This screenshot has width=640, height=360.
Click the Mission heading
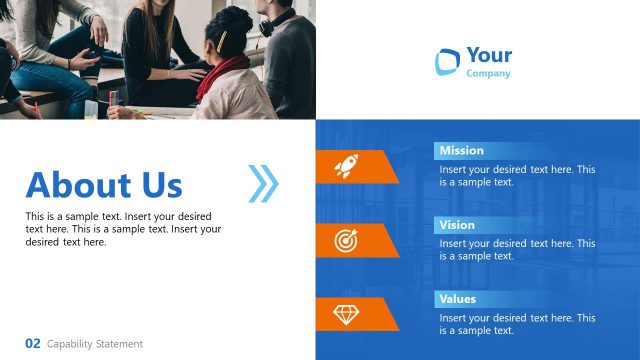pos(461,151)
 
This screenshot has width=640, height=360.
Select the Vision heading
pos(457,225)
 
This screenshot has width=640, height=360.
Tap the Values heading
pos(457,299)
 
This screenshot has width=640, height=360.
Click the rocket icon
pos(346,166)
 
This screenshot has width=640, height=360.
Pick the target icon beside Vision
pos(346,240)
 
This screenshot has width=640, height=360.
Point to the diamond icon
pos(346,314)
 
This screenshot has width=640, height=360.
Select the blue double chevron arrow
pos(263,183)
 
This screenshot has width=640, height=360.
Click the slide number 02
pos(33,343)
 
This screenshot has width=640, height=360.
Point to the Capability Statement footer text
pos(95,344)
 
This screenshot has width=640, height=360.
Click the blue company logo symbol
pos(446,61)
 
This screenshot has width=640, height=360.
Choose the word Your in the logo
pos(489,56)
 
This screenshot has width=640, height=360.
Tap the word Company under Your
pos(488,73)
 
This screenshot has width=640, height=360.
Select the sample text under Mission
pos(517,176)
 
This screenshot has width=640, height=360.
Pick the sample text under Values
pos(517,324)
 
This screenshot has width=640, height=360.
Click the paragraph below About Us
pos(123,229)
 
